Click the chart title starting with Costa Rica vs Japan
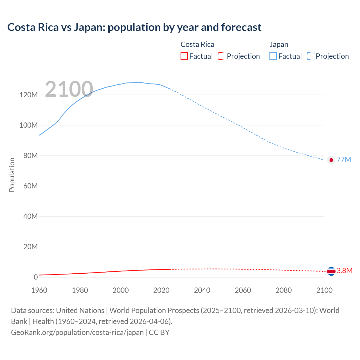click(x=134, y=27)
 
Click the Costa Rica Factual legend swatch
click(x=184, y=56)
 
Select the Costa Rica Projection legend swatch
click(x=222, y=56)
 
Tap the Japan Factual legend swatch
click(x=273, y=56)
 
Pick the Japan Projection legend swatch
click(x=311, y=56)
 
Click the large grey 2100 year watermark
click(x=69, y=89)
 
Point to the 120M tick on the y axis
click(x=28, y=95)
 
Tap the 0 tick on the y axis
click(x=36, y=277)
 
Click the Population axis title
click(x=12, y=175)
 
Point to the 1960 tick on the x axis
click(x=39, y=290)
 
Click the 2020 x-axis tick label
click(x=161, y=290)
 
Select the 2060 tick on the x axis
click(x=243, y=290)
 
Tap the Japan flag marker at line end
click(x=331, y=160)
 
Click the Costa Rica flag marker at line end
click(x=331, y=271)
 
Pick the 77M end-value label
click(x=344, y=159)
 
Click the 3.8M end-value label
click(x=345, y=271)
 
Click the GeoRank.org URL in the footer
click(x=77, y=332)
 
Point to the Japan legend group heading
click(x=279, y=44)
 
